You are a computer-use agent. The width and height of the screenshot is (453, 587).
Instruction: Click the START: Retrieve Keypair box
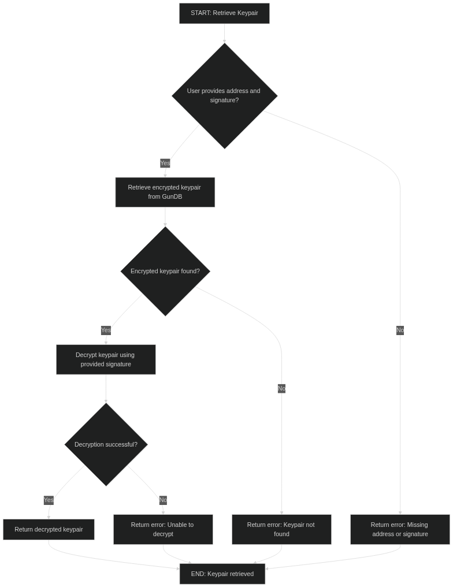(224, 13)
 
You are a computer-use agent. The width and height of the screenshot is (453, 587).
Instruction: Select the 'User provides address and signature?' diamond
(224, 96)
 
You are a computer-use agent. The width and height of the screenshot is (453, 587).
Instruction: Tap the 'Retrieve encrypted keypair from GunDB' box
(165, 192)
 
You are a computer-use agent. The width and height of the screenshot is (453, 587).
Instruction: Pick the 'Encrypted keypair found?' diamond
(165, 271)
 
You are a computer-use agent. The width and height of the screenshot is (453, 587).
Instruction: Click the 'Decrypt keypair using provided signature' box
(106, 359)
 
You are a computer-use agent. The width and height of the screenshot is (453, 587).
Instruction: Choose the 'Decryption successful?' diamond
(106, 444)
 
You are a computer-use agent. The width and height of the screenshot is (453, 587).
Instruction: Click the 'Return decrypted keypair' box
(49, 529)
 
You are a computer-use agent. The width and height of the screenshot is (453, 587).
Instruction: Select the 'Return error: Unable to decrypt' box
(163, 529)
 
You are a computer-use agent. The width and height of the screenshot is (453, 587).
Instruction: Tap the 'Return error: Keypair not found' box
(281, 529)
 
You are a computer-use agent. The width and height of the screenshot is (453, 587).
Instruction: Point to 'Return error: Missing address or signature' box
(400, 529)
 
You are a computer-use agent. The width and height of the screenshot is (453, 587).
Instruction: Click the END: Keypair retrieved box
(222, 574)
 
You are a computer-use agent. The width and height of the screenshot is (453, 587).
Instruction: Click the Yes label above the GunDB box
(165, 164)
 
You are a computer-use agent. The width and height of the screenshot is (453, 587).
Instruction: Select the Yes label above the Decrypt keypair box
(106, 330)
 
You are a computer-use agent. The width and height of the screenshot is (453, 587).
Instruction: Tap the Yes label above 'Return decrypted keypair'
(49, 500)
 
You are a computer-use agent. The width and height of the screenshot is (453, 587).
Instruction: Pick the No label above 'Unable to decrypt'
(163, 500)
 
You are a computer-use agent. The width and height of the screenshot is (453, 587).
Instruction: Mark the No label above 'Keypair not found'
(281, 388)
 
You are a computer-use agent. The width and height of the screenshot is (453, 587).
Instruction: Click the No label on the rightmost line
(400, 330)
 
